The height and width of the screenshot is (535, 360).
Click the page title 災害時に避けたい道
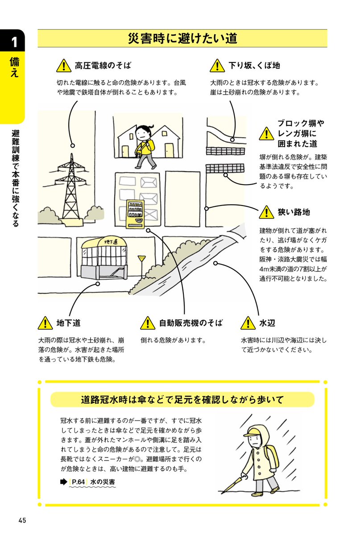pos(182,39)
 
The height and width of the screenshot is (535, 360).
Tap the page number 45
pos(22,520)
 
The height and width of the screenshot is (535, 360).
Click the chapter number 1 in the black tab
pos(14,42)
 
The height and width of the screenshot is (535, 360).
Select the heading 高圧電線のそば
pos(103,66)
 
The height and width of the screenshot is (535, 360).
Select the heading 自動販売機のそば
pos(190,323)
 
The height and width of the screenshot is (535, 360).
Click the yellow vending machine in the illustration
pos(135,214)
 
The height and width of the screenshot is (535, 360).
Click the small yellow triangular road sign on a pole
pos(142,258)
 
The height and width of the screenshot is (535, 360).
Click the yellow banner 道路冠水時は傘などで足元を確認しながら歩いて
pos(182,400)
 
